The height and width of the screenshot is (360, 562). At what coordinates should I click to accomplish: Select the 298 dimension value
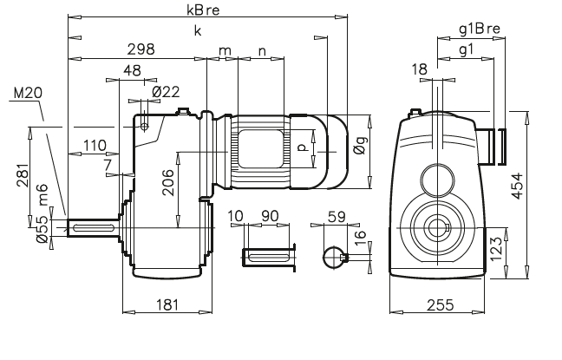click(140, 49)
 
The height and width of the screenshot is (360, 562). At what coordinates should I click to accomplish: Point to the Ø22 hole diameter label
click(165, 92)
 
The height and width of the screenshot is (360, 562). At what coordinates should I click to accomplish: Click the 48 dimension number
click(132, 70)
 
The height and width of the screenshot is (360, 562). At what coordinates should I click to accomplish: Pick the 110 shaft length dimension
click(95, 145)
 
